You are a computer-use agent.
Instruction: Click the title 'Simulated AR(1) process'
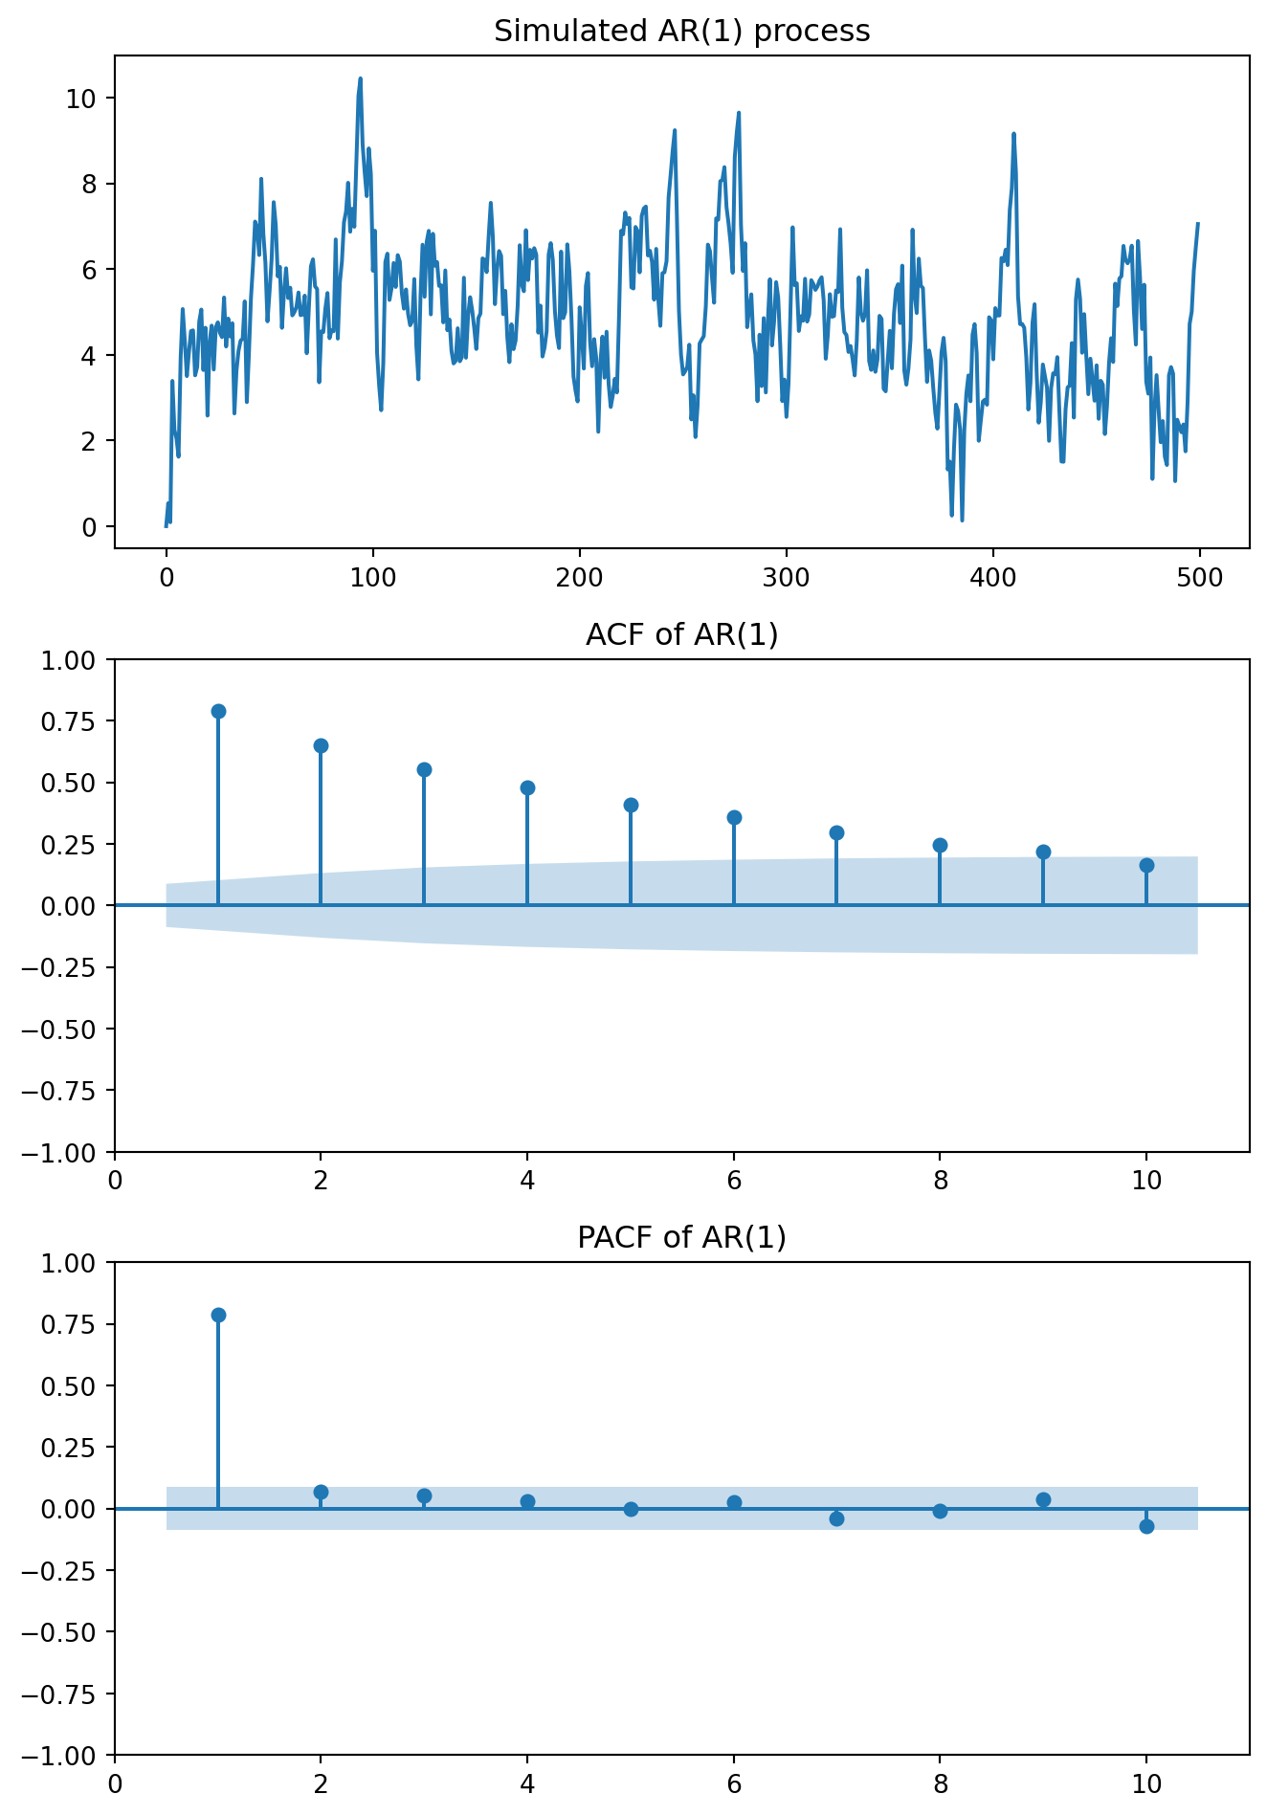[681, 32]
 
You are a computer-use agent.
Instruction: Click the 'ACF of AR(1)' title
[681, 634]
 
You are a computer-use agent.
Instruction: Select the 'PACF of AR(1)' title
[681, 1237]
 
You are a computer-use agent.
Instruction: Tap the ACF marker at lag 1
[218, 711]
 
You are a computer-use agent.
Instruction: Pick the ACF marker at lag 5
[631, 805]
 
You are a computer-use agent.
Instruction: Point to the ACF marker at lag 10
[1146, 865]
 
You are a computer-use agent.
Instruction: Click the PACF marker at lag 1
[218, 1315]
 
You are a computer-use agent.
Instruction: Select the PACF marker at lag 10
[1146, 1526]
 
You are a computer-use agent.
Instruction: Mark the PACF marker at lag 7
[836, 1518]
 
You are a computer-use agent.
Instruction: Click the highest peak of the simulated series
[360, 78]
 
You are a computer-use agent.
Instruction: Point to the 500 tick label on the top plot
[1200, 578]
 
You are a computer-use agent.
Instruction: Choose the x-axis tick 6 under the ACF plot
[734, 1181]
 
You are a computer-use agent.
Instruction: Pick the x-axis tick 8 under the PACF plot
[940, 1783]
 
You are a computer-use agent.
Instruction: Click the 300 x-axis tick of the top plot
[786, 578]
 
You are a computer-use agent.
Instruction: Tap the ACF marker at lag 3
[424, 769]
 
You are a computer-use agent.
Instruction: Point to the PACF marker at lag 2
[321, 1492]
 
